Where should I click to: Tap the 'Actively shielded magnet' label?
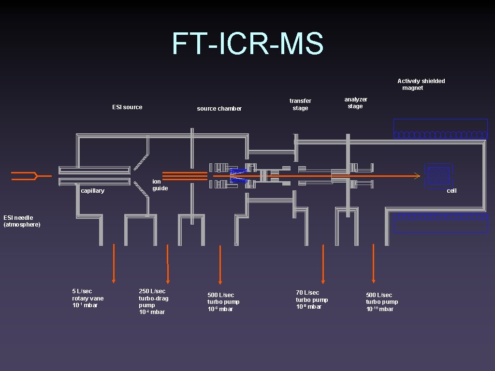pos(421,85)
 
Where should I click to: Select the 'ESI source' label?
pos(127,107)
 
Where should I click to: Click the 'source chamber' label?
pos(219,109)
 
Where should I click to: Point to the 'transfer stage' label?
pos(300,104)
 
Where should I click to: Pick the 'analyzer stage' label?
pos(356,103)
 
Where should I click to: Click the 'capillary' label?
pos(92,191)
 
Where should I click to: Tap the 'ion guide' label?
pos(160,185)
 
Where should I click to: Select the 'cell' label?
pos(451,191)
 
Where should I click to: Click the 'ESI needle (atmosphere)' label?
pos(22,221)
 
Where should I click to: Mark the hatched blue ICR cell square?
pos(439,175)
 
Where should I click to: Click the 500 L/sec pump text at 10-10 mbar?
pos(382,302)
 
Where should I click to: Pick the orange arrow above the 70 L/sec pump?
pos(323,264)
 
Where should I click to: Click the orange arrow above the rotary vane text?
pos(114,263)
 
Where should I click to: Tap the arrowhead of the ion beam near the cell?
pos(417,176)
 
